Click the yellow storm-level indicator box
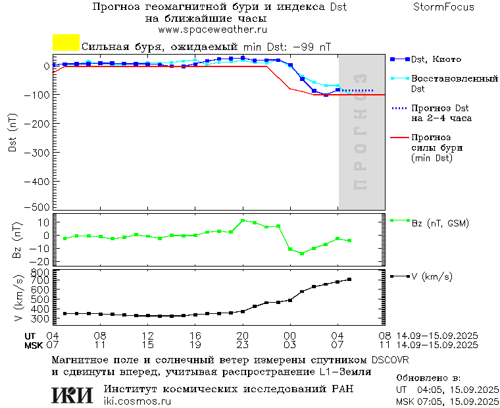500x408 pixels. click(x=66, y=42)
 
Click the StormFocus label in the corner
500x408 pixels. click(x=443, y=7)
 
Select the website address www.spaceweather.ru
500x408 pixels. click(x=212, y=30)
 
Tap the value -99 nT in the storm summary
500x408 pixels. click(x=311, y=47)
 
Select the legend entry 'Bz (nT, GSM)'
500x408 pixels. click(x=439, y=223)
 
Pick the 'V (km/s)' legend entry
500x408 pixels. click(x=432, y=276)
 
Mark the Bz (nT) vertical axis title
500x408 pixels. click(x=18, y=240)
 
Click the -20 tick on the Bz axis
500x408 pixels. click(x=39, y=261)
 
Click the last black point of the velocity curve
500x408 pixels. click(x=349, y=280)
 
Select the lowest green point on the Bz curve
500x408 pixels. click(x=302, y=253)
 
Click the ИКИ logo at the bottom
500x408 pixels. click(x=73, y=394)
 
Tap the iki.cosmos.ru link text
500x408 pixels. click(x=137, y=401)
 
